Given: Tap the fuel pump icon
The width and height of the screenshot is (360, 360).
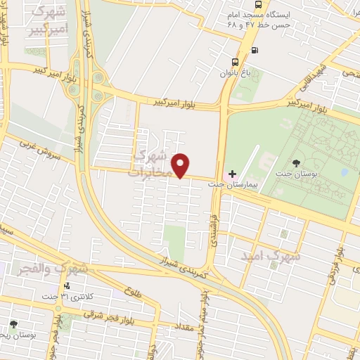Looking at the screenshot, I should (255, 50).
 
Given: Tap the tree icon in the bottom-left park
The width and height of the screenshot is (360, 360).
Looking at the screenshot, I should (13, 324).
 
